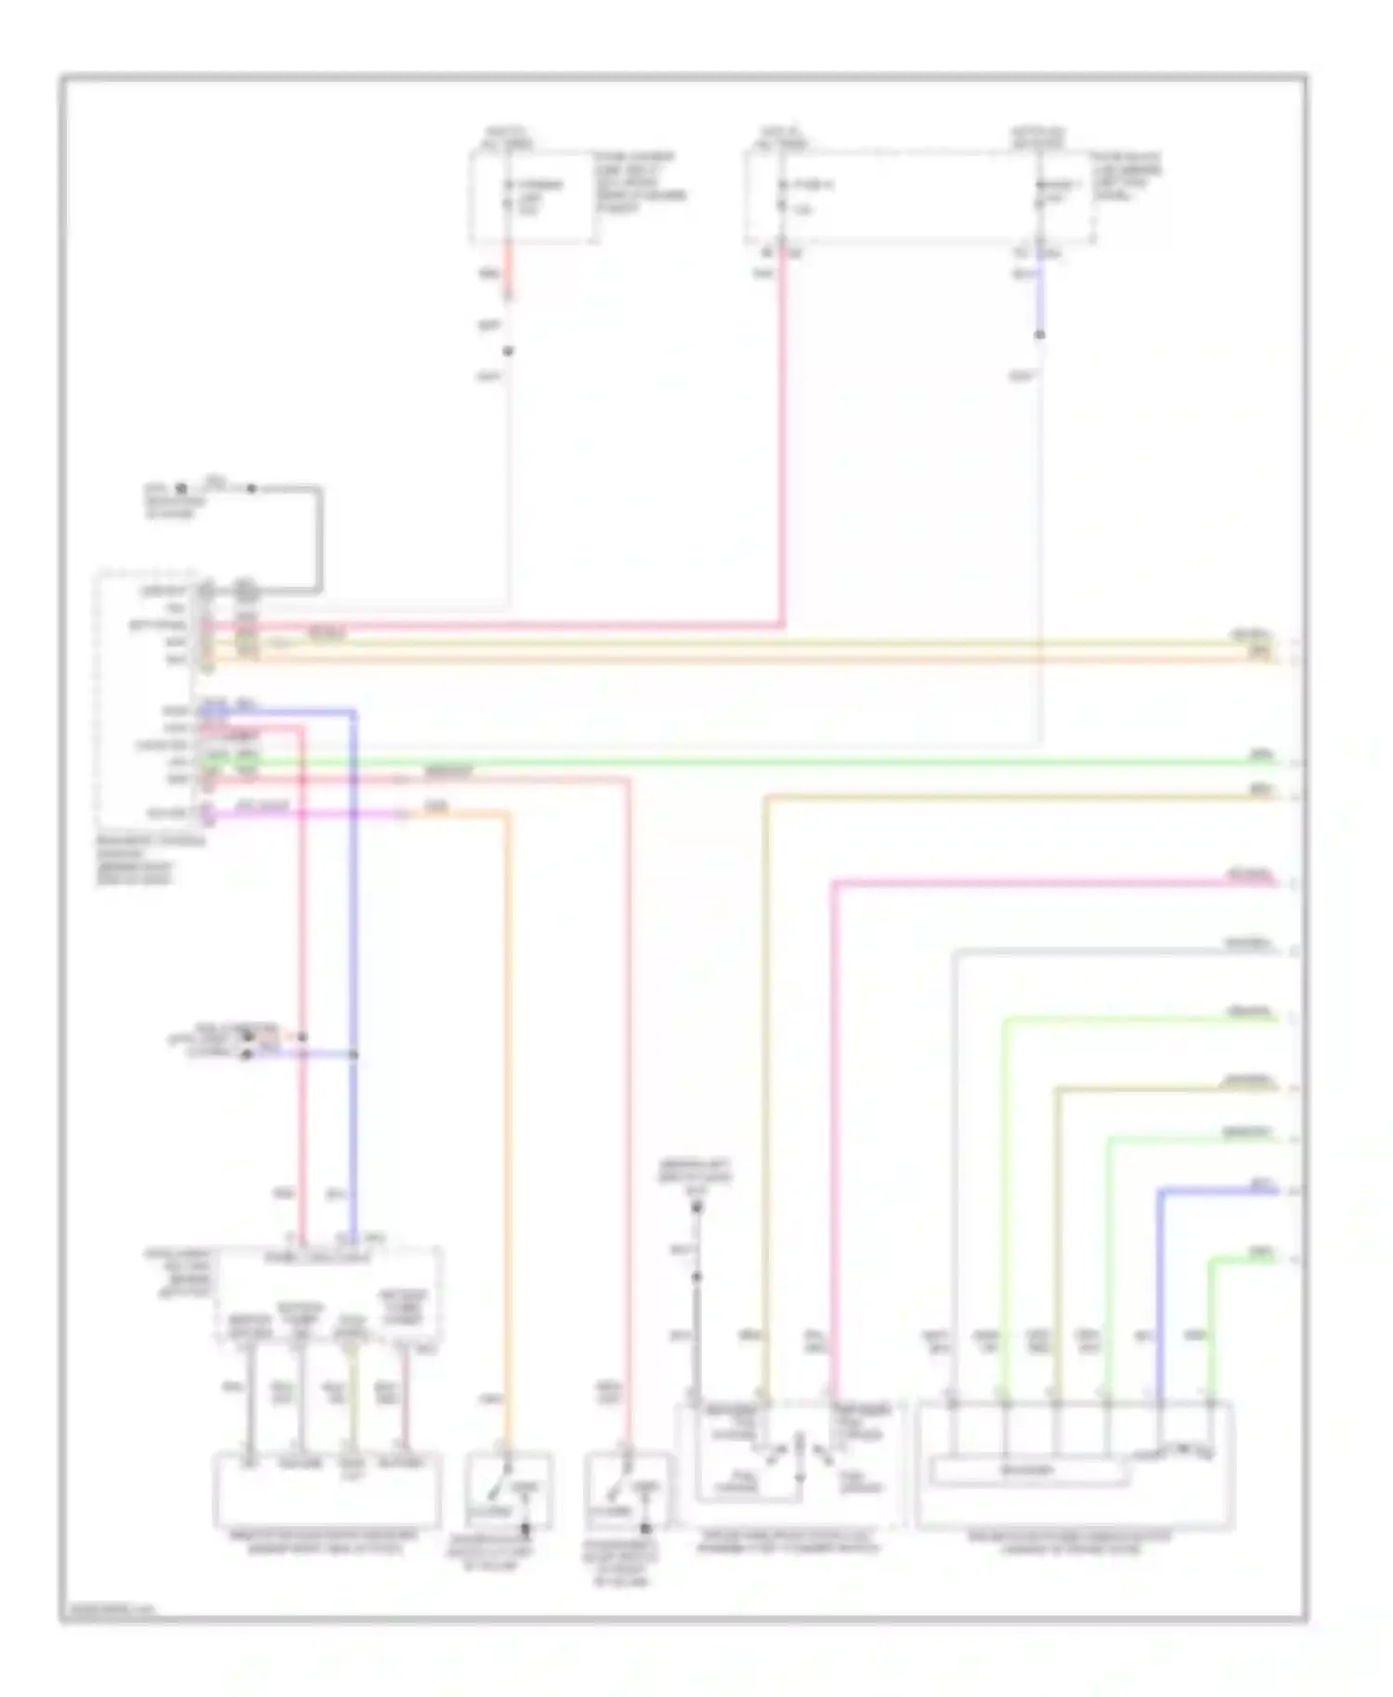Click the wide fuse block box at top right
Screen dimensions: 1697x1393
[919, 198]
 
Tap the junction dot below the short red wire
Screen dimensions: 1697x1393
[508, 351]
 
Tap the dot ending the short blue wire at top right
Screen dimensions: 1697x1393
[1040, 334]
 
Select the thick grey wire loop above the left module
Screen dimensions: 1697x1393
[319, 538]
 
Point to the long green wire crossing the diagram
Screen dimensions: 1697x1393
[743, 763]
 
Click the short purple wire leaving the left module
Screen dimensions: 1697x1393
[306, 814]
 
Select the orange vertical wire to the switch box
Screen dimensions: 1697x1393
[508, 1114]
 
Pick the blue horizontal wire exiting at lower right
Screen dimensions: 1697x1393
[1217, 1190]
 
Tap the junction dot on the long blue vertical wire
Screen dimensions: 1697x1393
[354, 1056]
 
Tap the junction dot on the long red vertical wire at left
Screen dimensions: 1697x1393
[302, 1037]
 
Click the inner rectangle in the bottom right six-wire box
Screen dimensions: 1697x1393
[1029, 1471]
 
